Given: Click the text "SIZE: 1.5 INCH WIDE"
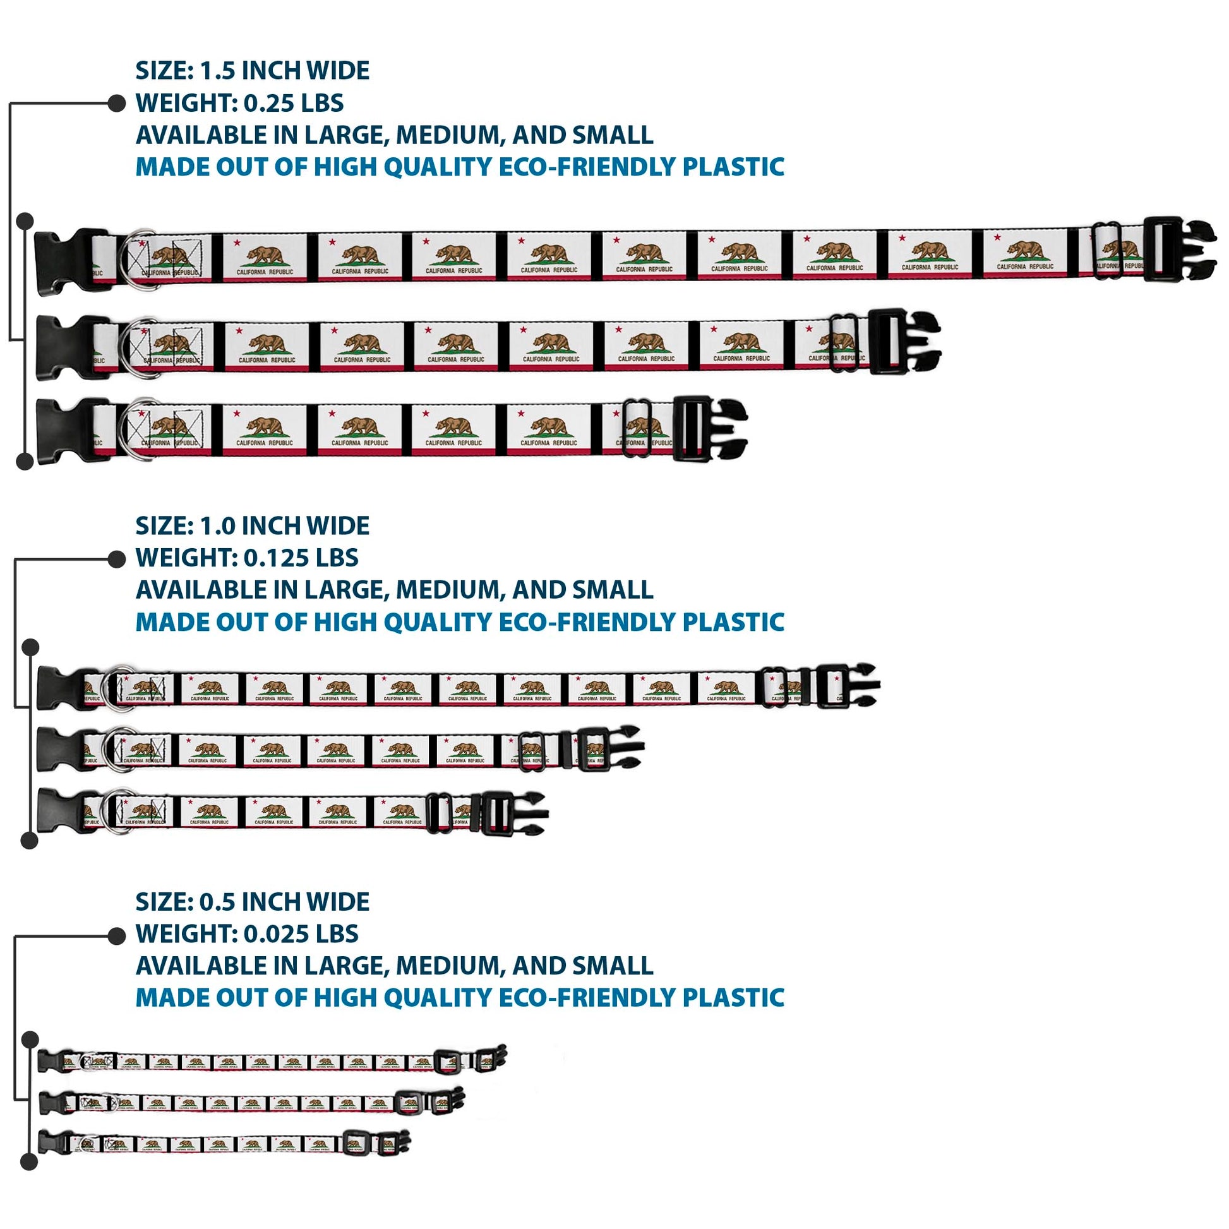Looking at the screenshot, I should click(x=252, y=71).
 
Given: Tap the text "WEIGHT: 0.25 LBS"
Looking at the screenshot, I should click(x=239, y=103).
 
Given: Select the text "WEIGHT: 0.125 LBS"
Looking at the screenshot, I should click(x=247, y=558).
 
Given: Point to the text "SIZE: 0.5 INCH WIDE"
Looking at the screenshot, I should click(x=252, y=901).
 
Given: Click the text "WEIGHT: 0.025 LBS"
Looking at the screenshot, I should click(x=247, y=934).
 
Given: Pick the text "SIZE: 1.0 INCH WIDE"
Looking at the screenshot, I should click(x=252, y=526).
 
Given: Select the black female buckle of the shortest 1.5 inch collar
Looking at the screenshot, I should click(x=64, y=431).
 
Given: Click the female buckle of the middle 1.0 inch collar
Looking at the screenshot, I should click(x=61, y=750).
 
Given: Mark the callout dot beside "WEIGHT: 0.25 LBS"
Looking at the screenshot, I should click(x=116, y=103).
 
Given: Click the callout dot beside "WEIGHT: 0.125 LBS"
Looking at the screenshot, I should click(x=116, y=558).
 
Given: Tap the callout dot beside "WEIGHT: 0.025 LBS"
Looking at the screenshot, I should click(x=116, y=936).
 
